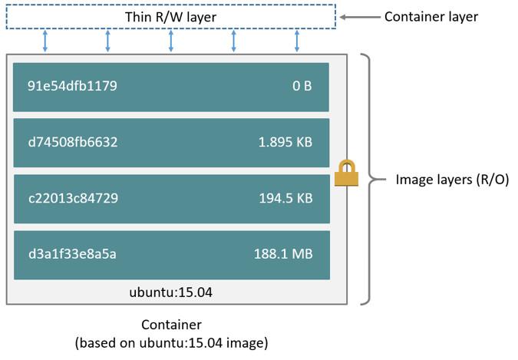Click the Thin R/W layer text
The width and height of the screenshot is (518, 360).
171,17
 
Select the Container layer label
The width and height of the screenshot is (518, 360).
431,16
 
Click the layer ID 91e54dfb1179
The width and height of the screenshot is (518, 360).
72,86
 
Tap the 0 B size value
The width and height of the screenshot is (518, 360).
302,86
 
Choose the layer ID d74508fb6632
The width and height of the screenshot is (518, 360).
73,142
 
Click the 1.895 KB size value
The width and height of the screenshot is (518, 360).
285,142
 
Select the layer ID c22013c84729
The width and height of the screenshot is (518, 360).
73,198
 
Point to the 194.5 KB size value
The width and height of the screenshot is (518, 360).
285,198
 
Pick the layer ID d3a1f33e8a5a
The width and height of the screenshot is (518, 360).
72,254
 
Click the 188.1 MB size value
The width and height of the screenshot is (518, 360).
282,254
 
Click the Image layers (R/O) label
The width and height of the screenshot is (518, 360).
452,180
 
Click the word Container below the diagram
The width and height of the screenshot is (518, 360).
171,325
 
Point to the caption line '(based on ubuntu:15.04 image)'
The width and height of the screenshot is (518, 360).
171,342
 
